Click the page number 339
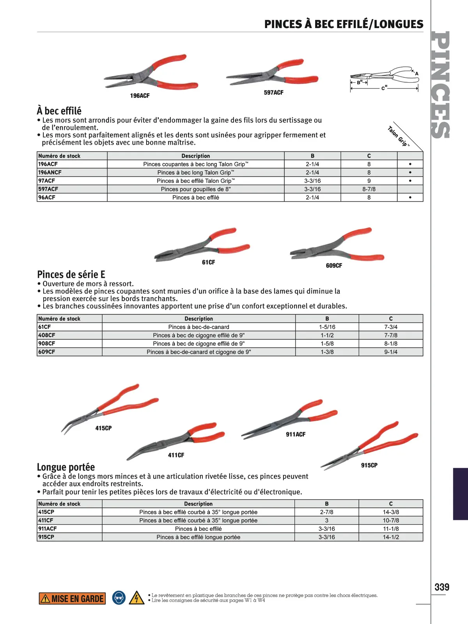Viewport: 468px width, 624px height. pyautogui.click(x=442, y=587)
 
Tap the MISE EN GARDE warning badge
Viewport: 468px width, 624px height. pyautogui.click(x=72, y=599)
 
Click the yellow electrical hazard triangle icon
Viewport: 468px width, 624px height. pyautogui.click(x=136, y=598)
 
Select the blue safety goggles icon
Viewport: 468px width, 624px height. pyautogui.click(x=119, y=598)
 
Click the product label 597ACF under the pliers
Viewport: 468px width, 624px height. pyautogui.click(x=273, y=92)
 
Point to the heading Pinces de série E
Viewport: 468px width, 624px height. pyautogui.click(x=71, y=274)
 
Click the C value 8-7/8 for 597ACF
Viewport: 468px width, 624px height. pyautogui.click(x=369, y=189)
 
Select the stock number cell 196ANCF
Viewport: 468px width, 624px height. pyautogui.click(x=50, y=172)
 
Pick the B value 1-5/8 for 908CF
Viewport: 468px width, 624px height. pyautogui.click(x=327, y=344)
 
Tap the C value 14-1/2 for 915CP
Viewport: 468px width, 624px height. pyautogui.click(x=391, y=537)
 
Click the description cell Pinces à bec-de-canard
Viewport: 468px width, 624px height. pyautogui.click(x=199, y=327)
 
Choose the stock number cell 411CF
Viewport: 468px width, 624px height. pyautogui.click(x=46, y=520)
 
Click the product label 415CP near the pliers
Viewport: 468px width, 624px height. pyautogui.click(x=103, y=428)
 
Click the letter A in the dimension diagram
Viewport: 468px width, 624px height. pyautogui.click(x=417, y=73)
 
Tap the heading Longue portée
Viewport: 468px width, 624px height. pyautogui.click(x=66, y=467)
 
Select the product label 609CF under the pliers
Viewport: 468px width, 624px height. pyautogui.click(x=334, y=266)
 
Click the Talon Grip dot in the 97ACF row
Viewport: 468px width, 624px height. pyautogui.click(x=410, y=181)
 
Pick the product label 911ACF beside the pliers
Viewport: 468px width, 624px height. pyautogui.click(x=296, y=434)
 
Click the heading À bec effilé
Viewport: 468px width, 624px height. pyautogui.click(x=59, y=111)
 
